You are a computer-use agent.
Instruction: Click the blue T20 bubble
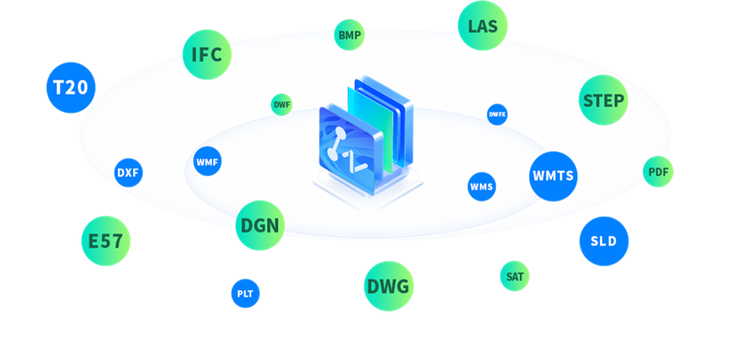[x=71, y=88]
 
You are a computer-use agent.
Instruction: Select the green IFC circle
[x=207, y=54]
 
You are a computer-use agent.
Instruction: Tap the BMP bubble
[x=349, y=35]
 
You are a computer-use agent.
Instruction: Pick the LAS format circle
[x=483, y=25]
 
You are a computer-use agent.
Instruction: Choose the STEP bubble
[x=604, y=100]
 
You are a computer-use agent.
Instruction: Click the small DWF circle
[x=282, y=105]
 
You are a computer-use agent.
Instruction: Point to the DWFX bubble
[x=497, y=115]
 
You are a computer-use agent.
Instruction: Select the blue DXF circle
[x=128, y=172]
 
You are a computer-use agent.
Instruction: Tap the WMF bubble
[x=208, y=162]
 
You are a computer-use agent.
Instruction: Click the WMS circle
[x=481, y=187]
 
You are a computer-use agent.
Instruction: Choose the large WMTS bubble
[x=553, y=176]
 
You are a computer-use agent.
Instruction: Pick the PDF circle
[x=658, y=172]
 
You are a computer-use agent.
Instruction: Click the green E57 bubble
[x=105, y=241]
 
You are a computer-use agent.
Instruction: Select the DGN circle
[x=260, y=225]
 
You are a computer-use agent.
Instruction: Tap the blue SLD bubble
[x=604, y=241]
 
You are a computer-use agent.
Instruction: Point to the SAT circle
[x=515, y=276]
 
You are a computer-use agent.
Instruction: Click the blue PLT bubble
[x=245, y=294]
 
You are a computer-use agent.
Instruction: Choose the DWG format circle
[x=389, y=285]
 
